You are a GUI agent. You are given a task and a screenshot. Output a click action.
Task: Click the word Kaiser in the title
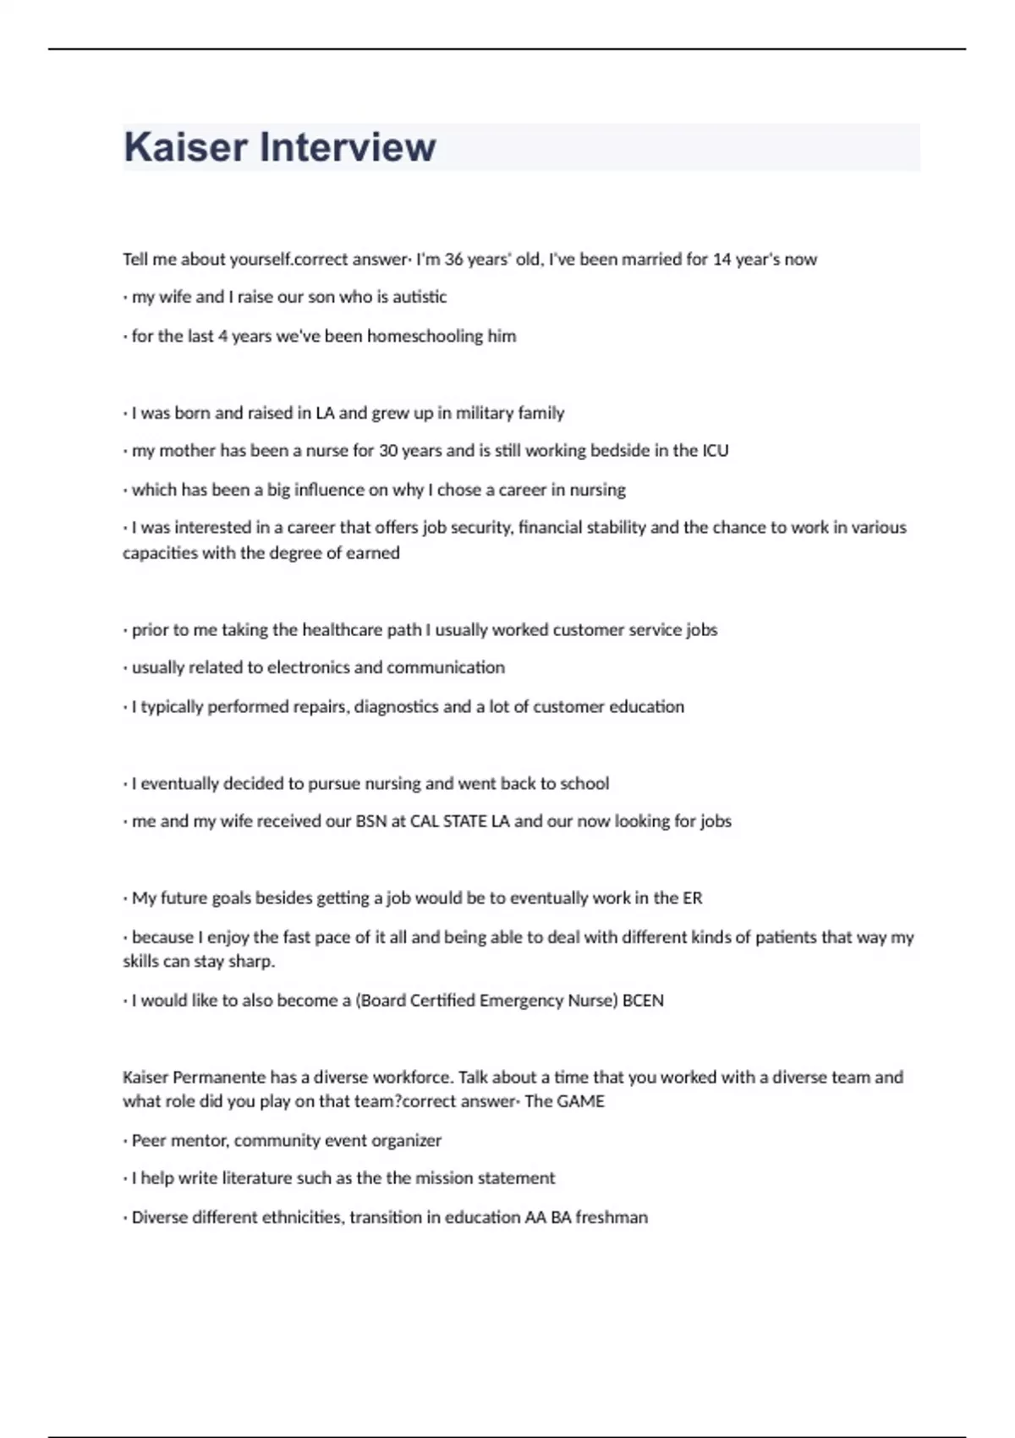coord(186,147)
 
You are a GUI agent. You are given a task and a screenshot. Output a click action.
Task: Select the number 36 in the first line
coord(453,260)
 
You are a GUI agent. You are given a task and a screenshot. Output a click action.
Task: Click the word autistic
coord(420,297)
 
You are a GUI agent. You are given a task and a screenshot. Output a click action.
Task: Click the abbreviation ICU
coord(715,451)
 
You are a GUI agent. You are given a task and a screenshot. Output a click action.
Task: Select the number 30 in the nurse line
coord(388,451)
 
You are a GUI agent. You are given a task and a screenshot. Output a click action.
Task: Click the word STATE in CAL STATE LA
coord(464,821)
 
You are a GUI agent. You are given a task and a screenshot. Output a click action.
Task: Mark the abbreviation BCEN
coord(643,1001)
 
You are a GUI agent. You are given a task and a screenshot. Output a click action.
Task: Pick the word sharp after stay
coord(251,962)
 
